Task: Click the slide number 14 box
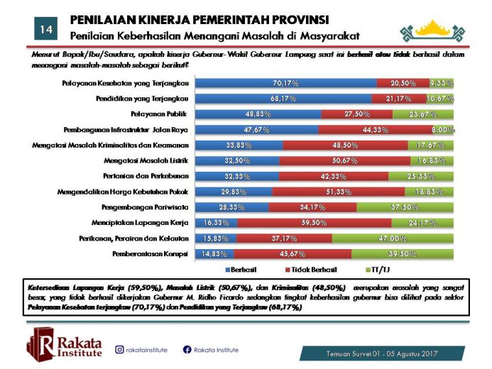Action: click(45, 29)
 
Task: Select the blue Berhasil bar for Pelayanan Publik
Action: click(258, 114)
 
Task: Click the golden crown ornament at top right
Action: click(437, 30)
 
